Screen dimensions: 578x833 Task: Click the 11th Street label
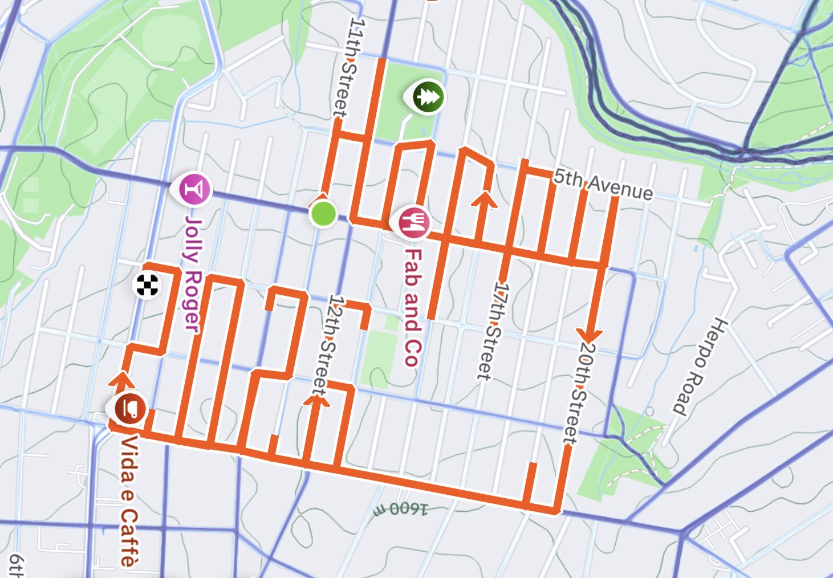click(x=349, y=67)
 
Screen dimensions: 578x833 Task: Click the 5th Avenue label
click(x=603, y=185)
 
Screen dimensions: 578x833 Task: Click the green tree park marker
click(x=426, y=96)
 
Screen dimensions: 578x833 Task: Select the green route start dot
click(x=324, y=214)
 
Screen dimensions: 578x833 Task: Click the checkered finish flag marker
click(x=147, y=285)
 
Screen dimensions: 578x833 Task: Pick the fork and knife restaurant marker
click(x=414, y=222)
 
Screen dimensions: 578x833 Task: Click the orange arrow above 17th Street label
click(x=485, y=199)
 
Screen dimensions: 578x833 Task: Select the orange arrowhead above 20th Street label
click(x=590, y=334)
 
